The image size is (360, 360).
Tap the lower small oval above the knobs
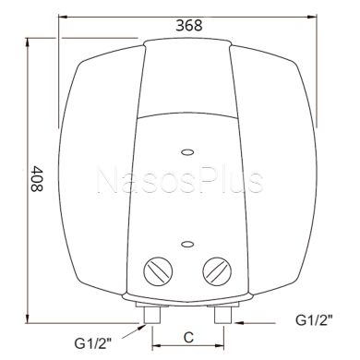[x=186, y=245]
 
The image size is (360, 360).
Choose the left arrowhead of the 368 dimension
[x=64, y=16]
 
